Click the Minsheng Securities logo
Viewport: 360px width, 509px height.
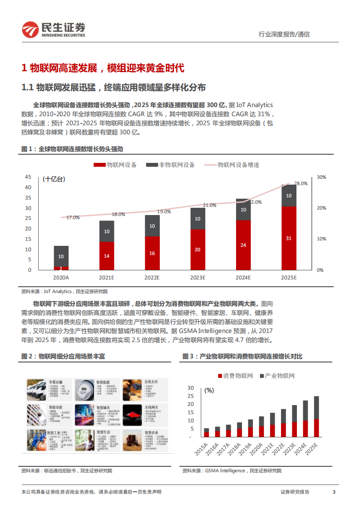53,29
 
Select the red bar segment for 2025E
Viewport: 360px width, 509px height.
289,238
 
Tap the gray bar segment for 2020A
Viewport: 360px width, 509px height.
61,256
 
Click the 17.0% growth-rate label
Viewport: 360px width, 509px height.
73,217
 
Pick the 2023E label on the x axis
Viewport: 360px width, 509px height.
198,277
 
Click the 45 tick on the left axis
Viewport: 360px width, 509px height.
28,177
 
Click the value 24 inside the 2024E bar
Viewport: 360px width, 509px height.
243,245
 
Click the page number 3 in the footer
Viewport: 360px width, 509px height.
334,492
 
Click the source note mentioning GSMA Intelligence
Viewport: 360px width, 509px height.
232,471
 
